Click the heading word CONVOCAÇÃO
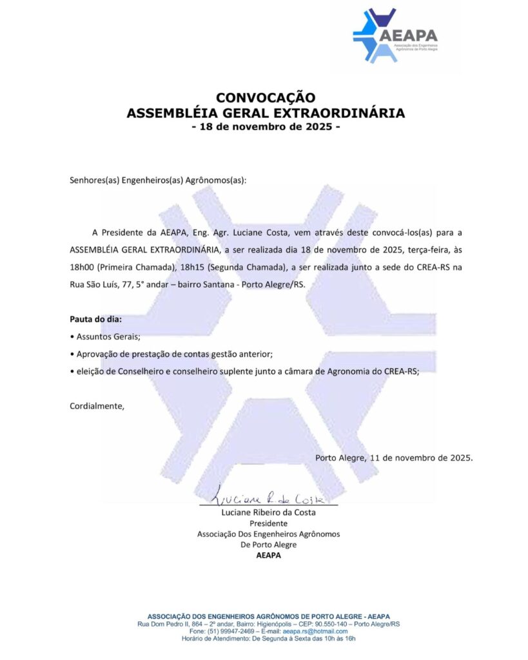(266, 98)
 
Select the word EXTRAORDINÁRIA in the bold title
(342, 113)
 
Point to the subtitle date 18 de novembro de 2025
(266, 127)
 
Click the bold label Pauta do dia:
(95, 319)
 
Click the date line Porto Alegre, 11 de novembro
(394, 458)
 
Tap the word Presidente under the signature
(268, 523)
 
